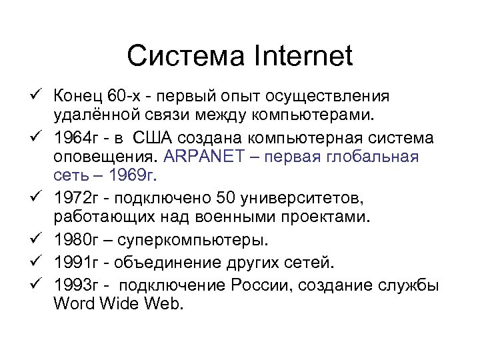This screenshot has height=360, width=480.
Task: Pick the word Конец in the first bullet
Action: click(x=77, y=98)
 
